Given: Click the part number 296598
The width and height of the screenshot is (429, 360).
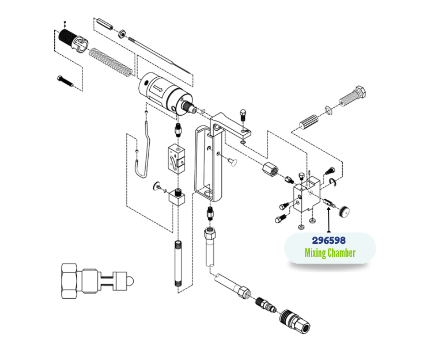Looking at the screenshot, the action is [x=329, y=240].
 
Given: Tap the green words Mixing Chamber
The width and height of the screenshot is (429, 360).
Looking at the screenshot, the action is [x=330, y=253].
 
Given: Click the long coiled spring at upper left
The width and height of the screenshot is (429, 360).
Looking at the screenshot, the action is [x=111, y=63].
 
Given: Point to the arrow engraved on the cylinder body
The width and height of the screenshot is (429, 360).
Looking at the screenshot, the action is [x=158, y=89].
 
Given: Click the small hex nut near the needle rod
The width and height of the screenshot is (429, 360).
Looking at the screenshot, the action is [x=122, y=34].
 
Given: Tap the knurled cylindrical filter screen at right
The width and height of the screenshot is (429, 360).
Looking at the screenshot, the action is [x=309, y=122].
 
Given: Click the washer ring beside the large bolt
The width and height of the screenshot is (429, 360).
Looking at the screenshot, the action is [x=329, y=110].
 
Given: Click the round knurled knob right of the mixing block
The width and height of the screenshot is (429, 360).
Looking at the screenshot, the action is [x=344, y=212].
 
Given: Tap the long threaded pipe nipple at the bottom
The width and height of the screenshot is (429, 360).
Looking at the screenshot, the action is [x=178, y=264].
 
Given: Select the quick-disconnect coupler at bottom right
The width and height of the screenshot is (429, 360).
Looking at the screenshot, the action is [x=295, y=321].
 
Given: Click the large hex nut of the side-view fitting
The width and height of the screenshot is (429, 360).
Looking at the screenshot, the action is [x=69, y=281].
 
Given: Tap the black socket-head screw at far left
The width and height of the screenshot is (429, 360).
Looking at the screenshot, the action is [x=65, y=81].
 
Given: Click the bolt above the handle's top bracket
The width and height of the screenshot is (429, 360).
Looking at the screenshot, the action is [x=243, y=115].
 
